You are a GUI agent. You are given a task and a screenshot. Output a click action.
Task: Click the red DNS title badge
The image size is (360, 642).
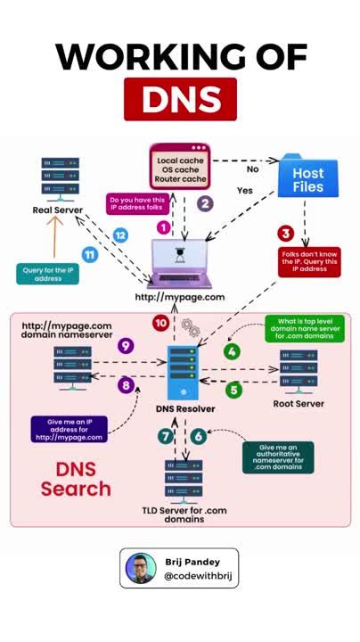[180, 98]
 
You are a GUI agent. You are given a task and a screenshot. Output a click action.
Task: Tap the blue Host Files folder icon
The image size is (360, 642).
[307, 176]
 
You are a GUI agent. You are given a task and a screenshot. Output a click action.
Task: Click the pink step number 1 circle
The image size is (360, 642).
[163, 227]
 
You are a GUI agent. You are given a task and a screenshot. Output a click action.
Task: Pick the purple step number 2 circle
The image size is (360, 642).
[206, 203]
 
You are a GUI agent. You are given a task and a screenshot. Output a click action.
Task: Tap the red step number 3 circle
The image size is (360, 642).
[285, 234]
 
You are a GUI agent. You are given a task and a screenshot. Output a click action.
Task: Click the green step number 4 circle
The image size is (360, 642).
[232, 351]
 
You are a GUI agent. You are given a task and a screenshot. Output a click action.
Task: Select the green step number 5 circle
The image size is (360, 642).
[233, 390]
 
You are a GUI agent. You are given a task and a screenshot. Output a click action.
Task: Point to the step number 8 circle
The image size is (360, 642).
[126, 385]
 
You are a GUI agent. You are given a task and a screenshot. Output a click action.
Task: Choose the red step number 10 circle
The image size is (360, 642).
[160, 322]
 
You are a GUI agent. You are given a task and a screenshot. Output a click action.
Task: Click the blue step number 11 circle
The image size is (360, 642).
[89, 254]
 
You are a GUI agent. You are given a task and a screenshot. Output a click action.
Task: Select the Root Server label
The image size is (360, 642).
[299, 403]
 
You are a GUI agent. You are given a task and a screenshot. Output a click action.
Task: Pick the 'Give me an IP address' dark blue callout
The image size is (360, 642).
[70, 430]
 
